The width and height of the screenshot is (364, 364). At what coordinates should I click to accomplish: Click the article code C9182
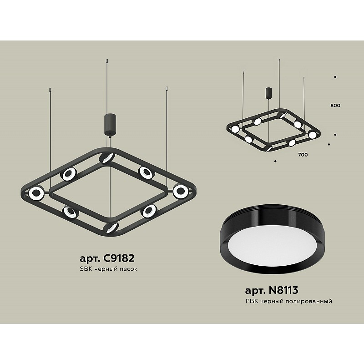tap(119, 258)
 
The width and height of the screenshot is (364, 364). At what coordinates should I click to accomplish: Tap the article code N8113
tap(283, 290)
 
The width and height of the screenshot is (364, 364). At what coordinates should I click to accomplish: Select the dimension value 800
tap(335, 106)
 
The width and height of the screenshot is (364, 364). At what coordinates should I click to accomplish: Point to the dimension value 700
tap(303, 155)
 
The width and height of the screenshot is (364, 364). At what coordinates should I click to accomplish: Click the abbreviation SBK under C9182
tap(86, 269)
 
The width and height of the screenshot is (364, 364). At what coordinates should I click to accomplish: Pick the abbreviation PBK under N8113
tap(252, 301)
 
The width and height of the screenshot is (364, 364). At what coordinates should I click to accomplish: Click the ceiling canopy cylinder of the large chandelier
tap(110, 124)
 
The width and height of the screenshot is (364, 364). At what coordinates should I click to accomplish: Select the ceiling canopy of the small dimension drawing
tap(269, 93)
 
